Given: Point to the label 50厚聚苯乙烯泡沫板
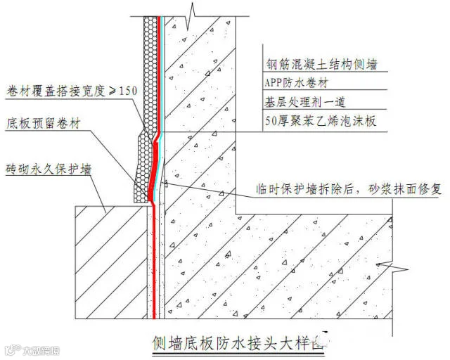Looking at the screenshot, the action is [319, 120].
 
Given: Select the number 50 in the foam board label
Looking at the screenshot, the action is [266, 120].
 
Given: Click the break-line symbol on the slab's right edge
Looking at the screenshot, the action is [399, 267].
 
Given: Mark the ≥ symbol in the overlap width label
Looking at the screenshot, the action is [105, 90].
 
